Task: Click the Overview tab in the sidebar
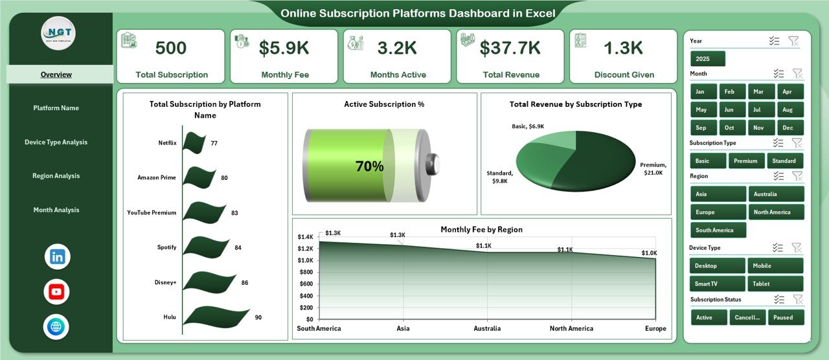point(56,74)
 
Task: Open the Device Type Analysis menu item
point(56,142)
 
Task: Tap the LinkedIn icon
point(57,256)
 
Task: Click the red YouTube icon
point(57,292)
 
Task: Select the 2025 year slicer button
point(708,59)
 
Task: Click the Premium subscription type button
point(746,161)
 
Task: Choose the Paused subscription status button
point(787,317)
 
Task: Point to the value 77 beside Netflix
point(214,142)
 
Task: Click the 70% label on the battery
point(369,166)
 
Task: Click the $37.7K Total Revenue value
point(510,48)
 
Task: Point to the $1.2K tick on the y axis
point(305,249)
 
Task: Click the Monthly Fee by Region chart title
point(481,229)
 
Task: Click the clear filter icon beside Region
point(797,176)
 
